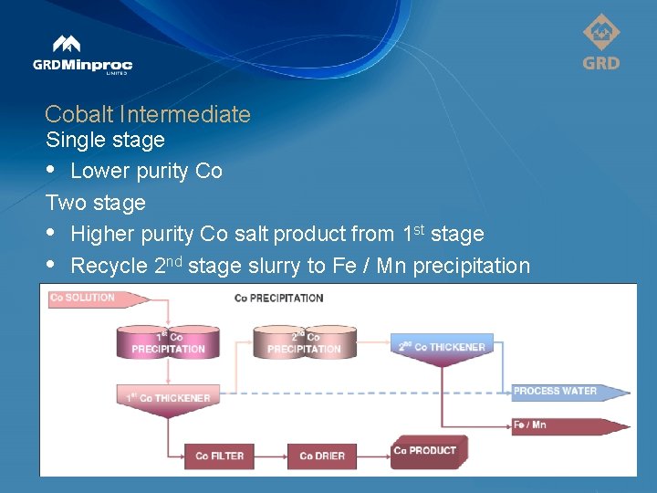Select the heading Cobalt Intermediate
pyautogui.click(x=147, y=114)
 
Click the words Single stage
pyautogui.click(x=105, y=140)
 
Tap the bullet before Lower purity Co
pyautogui.click(x=52, y=172)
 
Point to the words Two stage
pyautogui.click(x=96, y=202)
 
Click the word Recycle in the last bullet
pyautogui.click(x=109, y=266)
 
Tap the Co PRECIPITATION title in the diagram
pyautogui.click(x=278, y=298)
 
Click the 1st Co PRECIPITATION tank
pyautogui.click(x=168, y=342)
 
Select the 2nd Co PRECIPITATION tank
pyautogui.click(x=304, y=342)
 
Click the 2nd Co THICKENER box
pyautogui.click(x=443, y=347)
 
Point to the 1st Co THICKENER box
pyautogui.click(x=168, y=398)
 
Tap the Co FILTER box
pyautogui.click(x=219, y=456)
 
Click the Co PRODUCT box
pyautogui.click(x=426, y=451)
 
